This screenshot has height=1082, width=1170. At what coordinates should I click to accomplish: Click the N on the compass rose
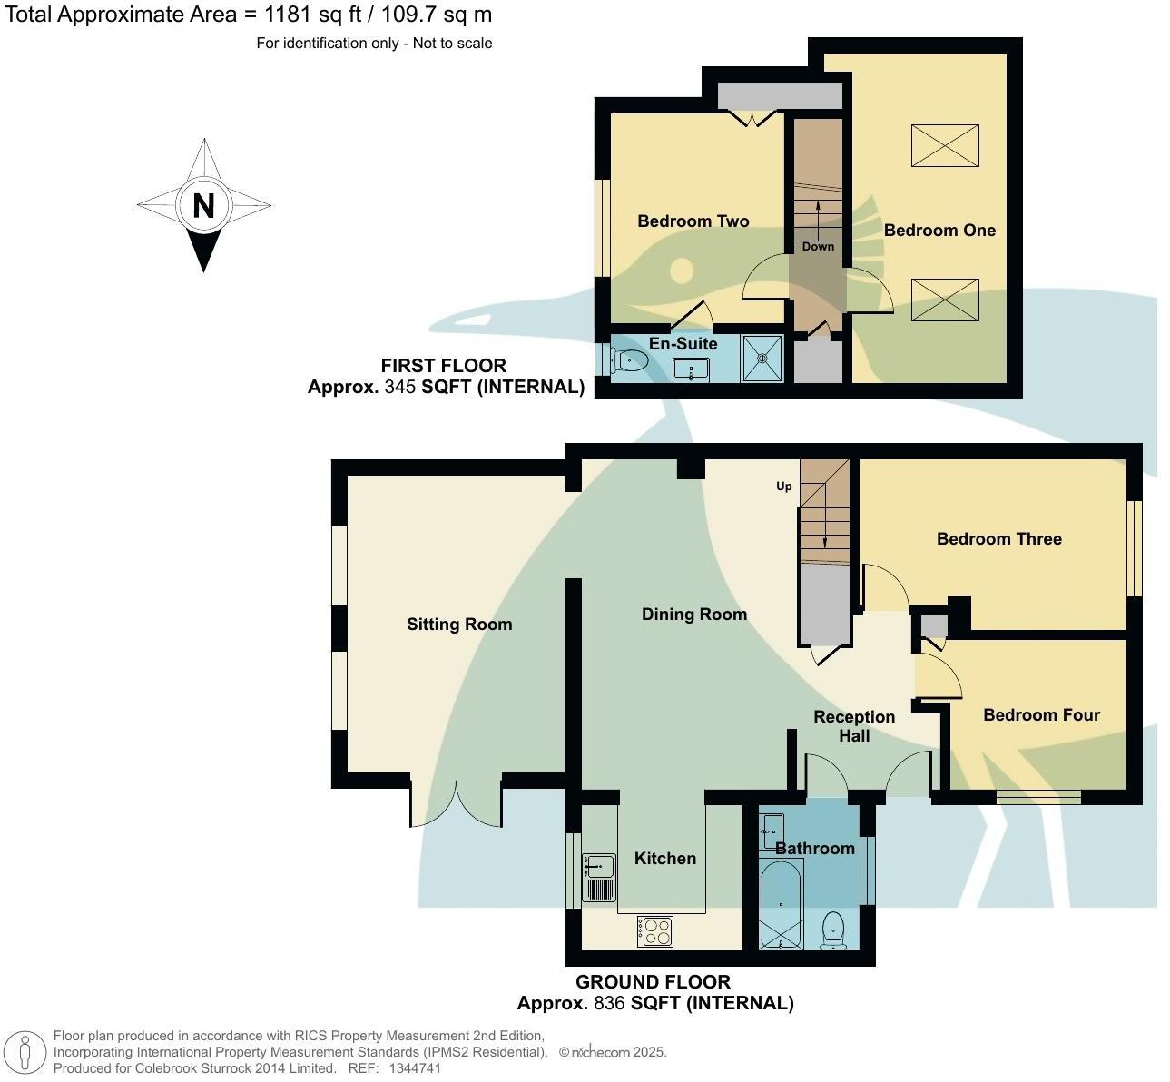click(x=203, y=206)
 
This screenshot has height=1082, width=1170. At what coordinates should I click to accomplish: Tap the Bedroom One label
click(x=939, y=231)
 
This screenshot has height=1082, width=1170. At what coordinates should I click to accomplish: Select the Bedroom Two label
click(x=693, y=221)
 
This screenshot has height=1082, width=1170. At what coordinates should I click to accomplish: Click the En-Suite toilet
click(x=629, y=361)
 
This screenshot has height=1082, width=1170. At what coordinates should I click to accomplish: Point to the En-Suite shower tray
click(x=762, y=358)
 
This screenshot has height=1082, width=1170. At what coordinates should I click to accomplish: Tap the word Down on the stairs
click(x=817, y=247)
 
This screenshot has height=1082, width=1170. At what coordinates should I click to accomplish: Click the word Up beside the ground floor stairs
click(x=783, y=487)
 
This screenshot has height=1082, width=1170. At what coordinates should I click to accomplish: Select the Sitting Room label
click(x=459, y=625)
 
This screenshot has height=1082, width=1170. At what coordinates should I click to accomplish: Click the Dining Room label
click(x=693, y=615)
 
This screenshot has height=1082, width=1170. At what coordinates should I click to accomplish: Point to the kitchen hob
click(x=655, y=930)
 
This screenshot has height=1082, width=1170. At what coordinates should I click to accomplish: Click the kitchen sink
click(x=598, y=867)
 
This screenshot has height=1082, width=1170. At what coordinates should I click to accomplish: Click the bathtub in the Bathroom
click(x=781, y=903)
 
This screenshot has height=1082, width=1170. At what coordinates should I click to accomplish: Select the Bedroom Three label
click(x=998, y=539)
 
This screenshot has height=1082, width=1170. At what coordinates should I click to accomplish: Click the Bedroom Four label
click(x=1041, y=715)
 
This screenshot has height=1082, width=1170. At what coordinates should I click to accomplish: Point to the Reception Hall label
click(x=853, y=726)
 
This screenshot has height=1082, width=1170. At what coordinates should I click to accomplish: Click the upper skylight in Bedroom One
click(x=945, y=146)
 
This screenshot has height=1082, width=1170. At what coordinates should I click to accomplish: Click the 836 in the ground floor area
click(x=610, y=1003)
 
